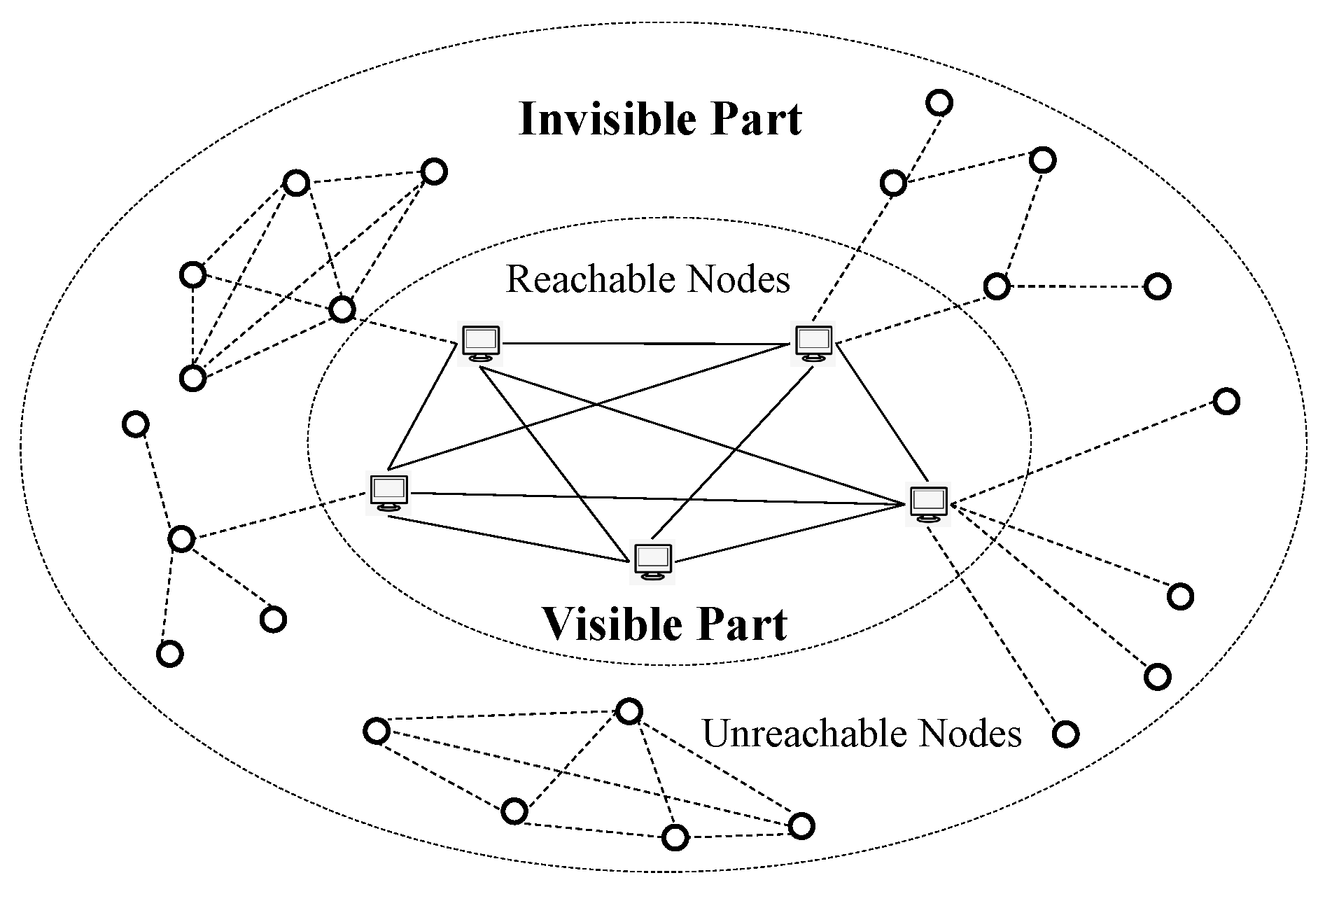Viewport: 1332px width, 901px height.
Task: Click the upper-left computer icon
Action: (x=481, y=342)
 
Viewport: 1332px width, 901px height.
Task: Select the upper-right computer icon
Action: (x=813, y=342)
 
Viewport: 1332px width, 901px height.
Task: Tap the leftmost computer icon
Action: (x=389, y=493)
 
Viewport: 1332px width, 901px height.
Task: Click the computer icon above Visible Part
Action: (x=652, y=562)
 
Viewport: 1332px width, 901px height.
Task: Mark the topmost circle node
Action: (x=939, y=103)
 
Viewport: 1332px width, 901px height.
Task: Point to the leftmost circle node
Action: (x=136, y=424)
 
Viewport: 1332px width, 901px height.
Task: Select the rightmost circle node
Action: (x=1226, y=401)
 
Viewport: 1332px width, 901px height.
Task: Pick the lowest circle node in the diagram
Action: (x=675, y=837)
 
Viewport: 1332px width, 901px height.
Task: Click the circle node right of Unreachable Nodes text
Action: (x=1065, y=734)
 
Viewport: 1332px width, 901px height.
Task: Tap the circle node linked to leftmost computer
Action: (x=181, y=539)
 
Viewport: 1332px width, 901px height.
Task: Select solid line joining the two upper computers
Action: (x=644, y=344)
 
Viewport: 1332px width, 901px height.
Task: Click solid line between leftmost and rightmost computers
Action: (x=658, y=498)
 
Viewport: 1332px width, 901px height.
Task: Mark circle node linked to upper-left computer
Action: (x=342, y=309)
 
